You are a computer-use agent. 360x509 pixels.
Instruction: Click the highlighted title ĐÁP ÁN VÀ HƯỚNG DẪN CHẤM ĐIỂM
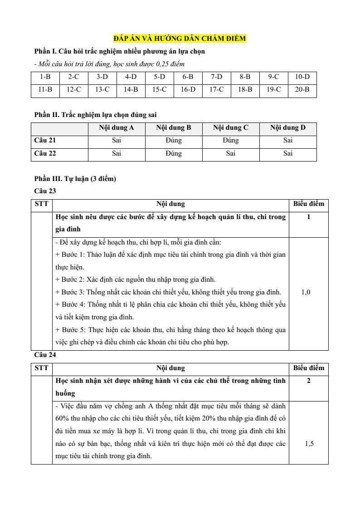180,39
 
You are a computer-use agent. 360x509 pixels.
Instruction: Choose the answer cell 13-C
102,90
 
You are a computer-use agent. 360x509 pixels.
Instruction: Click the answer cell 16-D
188,90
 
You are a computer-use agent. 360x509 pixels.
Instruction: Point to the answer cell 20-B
302,90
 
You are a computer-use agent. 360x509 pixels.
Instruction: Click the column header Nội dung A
116,128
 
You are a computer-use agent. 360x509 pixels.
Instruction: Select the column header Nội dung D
288,128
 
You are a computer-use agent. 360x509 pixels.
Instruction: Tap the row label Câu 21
45,141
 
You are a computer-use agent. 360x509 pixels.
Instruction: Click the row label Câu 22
45,153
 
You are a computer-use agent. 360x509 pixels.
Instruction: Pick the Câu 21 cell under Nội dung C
231,141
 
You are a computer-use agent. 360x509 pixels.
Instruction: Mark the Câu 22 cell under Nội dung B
174,153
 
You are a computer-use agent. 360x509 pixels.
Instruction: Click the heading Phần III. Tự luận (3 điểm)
75,179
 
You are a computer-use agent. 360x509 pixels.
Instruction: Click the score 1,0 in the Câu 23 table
306,293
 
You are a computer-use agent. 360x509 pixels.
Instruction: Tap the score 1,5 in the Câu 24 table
309,444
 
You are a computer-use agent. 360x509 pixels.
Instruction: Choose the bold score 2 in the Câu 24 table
309,381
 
